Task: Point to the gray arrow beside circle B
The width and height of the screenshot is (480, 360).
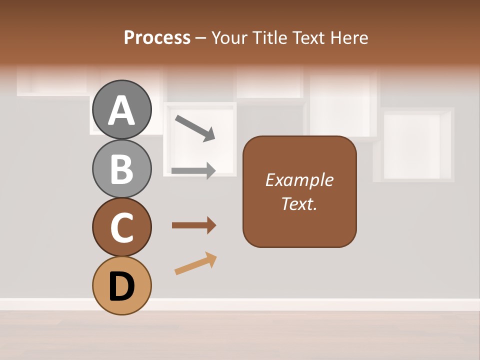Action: click(193, 170)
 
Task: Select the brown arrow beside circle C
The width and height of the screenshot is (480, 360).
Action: click(194, 225)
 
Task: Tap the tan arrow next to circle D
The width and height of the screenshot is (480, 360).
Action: click(195, 263)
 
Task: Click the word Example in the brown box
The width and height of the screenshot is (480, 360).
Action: click(299, 180)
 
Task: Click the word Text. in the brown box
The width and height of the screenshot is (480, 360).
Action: click(299, 204)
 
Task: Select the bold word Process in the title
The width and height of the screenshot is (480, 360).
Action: click(157, 37)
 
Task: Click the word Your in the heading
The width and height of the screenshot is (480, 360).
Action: click(228, 37)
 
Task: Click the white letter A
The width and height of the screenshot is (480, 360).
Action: click(121, 110)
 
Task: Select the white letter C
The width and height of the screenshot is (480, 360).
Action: click(121, 227)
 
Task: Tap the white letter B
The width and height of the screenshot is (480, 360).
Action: click(121, 169)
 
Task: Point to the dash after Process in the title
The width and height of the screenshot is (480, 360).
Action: click(200, 38)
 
